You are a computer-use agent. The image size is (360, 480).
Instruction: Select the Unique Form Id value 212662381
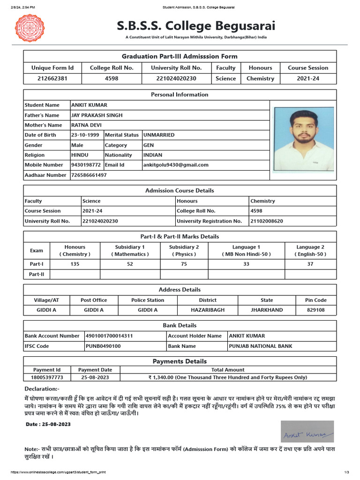(x=52, y=78)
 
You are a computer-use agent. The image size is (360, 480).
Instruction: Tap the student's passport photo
(x=304, y=139)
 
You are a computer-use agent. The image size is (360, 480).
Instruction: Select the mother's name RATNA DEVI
(x=86, y=125)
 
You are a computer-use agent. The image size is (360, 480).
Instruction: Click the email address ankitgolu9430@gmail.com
(x=176, y=165)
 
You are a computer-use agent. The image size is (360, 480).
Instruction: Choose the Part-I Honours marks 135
(x=75, y=264)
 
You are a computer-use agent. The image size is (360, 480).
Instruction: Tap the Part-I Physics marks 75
(x=184, y=264)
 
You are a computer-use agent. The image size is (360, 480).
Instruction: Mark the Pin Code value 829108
(x=316, y=310)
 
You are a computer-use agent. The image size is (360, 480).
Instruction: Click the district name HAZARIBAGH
(x=208, y=310)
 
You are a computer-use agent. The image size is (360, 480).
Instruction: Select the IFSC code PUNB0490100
(x=103, y=346)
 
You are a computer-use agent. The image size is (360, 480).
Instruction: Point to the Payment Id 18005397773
(x=47, y=377)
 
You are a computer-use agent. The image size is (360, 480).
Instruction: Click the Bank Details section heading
(x=180, y=325)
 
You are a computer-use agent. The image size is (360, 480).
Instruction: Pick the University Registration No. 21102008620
(x=267, y=221)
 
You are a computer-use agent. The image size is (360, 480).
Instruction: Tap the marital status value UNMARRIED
(x=159, y=135)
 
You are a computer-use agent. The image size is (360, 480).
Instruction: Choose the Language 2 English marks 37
(x=310, y=264)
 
